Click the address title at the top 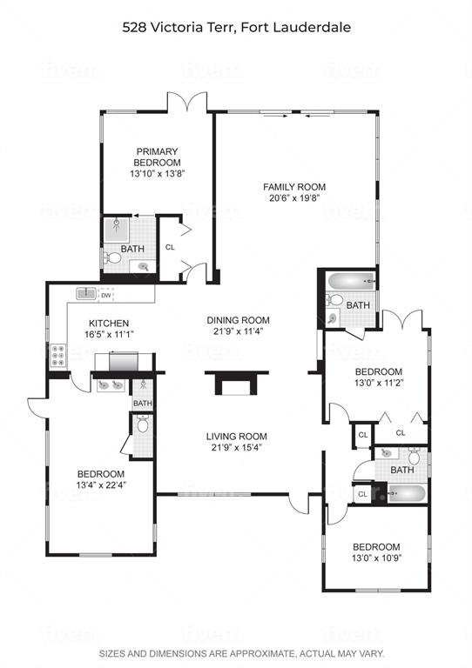click(237, 28)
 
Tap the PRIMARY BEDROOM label click(157, 157)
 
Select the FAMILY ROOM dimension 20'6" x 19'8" click(294, 198)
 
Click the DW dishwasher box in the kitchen click(106, 295)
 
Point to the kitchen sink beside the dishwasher click(86, 293)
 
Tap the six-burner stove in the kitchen click(58, 356)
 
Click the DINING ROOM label click(238, 320)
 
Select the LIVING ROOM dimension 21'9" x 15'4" click(237, 447)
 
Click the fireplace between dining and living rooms click(237, 383)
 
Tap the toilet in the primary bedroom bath click(112, 257)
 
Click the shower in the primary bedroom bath click(117, 230)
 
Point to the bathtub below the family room click(351, 282)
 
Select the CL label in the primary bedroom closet click(170, 247)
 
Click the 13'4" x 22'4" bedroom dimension click(102, 484)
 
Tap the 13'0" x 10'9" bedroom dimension click(377, 558)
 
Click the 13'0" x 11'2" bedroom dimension click(379, 383)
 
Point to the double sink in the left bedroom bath click(111, 385)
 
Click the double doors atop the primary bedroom click(187, 102)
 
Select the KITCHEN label click(109, 324)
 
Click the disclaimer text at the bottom click(242, 653)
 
